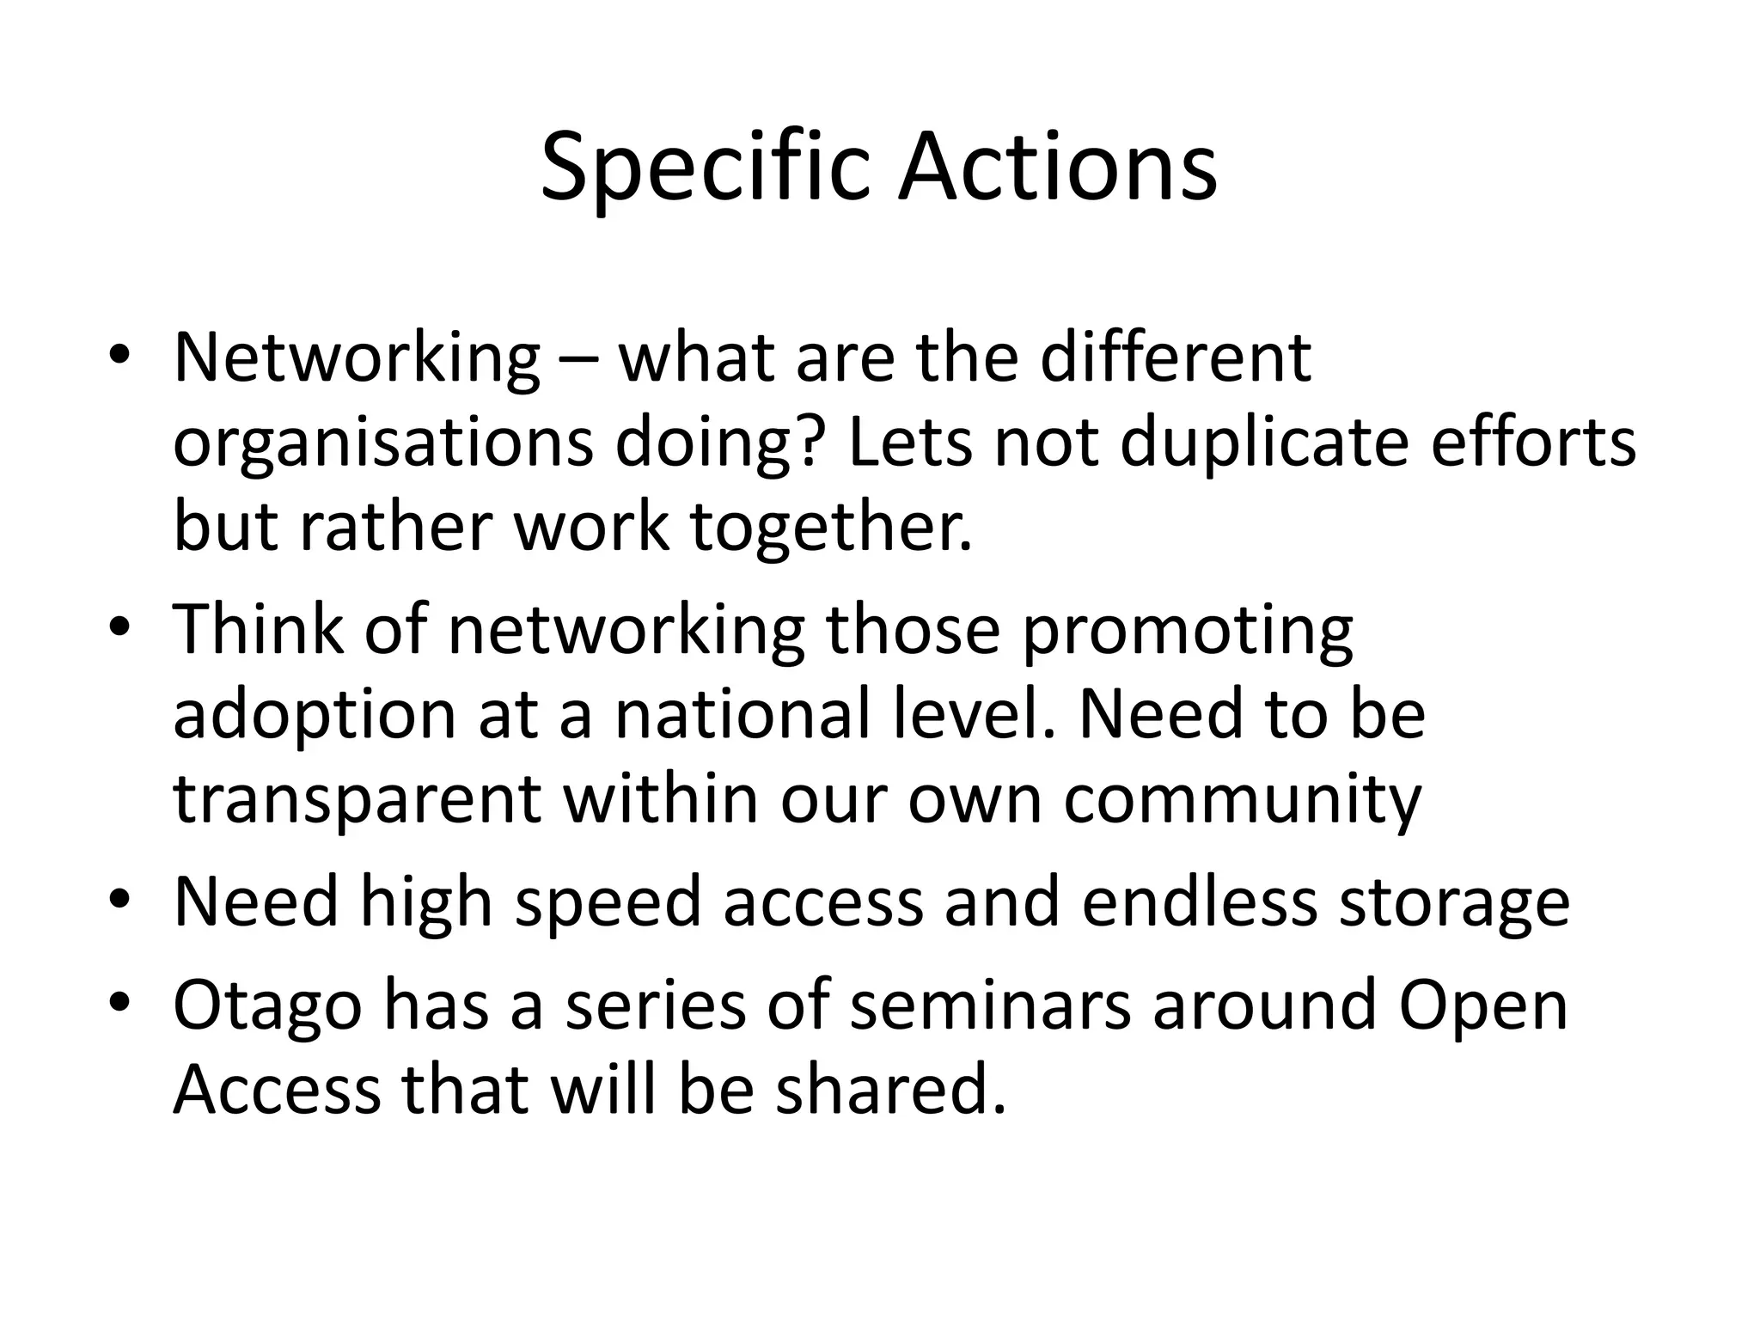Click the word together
tap(831, 528)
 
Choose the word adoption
tap(315, 716)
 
